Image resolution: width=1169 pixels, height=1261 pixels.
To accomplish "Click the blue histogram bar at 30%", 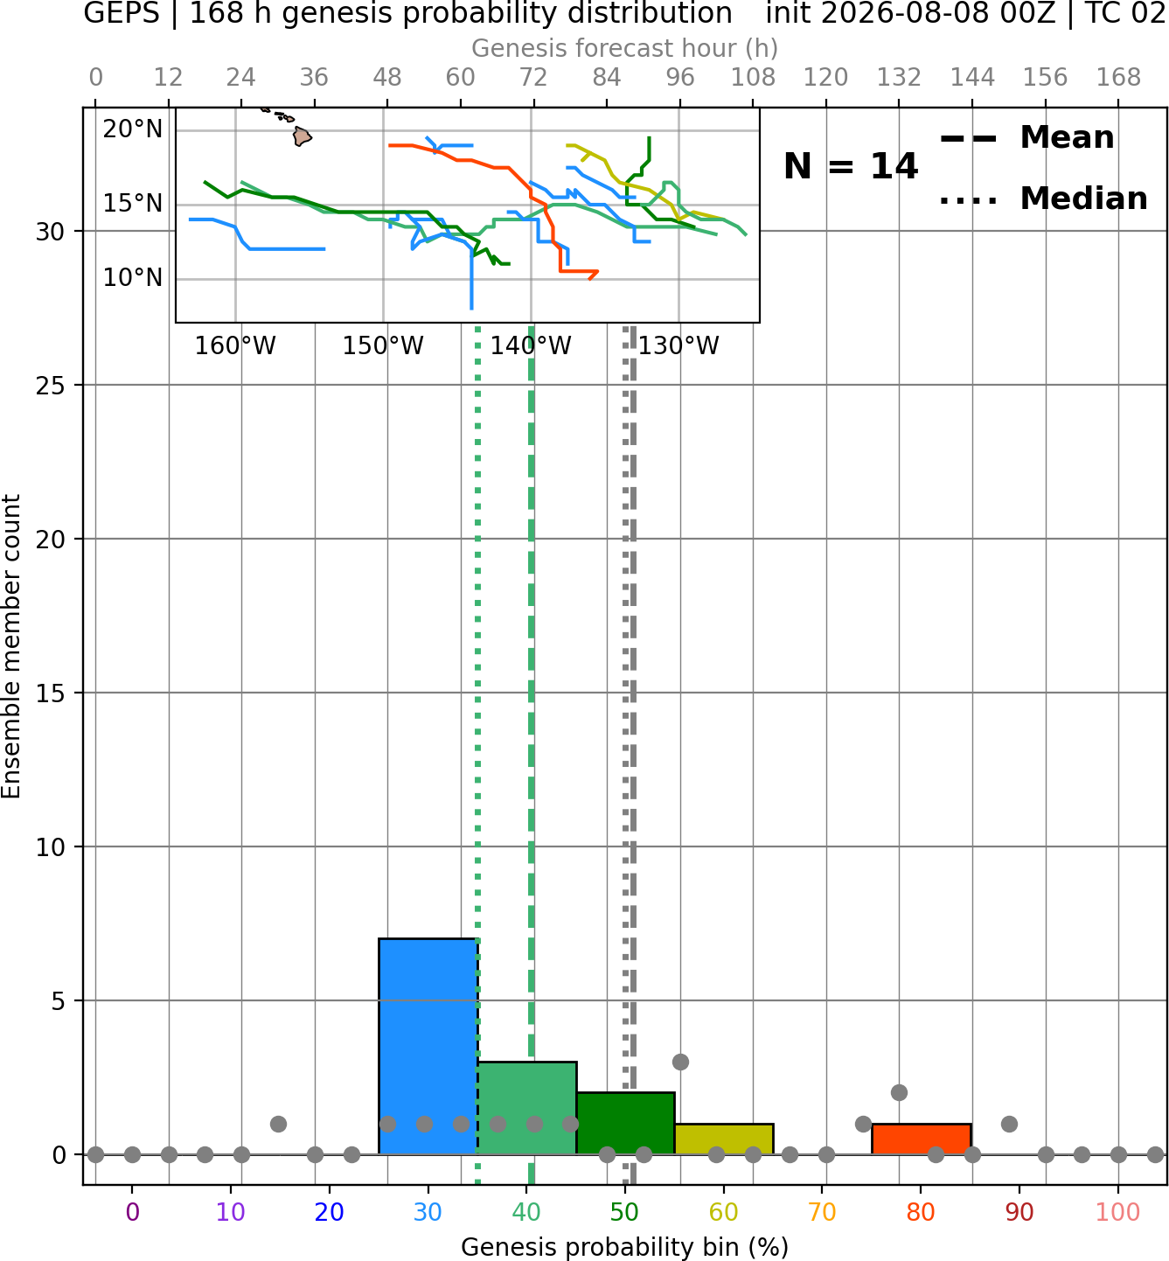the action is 428,1046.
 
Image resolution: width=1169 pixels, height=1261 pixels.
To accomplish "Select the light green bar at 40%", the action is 527,1107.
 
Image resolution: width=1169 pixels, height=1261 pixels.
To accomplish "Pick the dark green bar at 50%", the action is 625,1123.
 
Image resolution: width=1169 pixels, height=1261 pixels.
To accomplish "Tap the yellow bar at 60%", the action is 724,1139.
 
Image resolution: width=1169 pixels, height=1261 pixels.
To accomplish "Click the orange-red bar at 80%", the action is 922,1139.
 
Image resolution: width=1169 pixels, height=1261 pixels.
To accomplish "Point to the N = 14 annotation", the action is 851,166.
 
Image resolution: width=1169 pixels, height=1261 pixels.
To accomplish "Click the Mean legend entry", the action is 1026,138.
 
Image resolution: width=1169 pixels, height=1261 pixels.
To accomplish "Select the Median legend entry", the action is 1043,199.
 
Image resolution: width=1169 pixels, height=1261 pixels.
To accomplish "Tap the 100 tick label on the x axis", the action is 1118,1212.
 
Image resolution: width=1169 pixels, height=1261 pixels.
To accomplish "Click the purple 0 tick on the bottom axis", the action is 132,1212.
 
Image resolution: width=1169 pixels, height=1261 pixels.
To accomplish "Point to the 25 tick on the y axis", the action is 50,386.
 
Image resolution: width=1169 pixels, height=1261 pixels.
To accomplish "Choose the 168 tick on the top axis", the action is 1118,78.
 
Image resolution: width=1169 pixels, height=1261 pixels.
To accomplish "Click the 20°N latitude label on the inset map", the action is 133,129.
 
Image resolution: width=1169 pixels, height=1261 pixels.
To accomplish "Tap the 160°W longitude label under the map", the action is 235,346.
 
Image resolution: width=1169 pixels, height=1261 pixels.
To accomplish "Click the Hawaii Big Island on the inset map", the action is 303,136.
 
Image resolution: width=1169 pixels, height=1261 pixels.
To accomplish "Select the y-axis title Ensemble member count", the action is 10,646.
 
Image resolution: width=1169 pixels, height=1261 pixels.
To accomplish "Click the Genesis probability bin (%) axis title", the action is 625,1247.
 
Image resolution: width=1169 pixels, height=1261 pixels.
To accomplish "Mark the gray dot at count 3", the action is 680,1062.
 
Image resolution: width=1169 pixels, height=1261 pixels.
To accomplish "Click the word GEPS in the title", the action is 122,13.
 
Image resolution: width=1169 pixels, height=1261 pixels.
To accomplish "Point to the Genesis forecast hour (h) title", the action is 625,48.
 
